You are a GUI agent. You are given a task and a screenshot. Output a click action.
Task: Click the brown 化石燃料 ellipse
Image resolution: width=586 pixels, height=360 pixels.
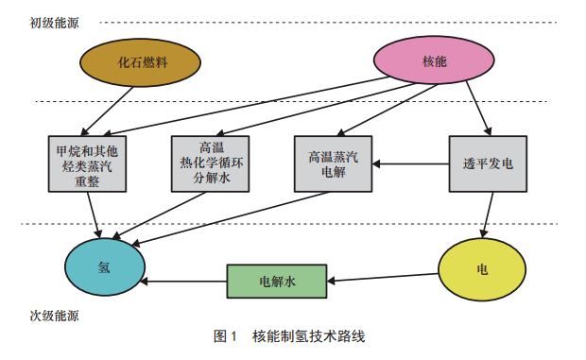coord(143,62)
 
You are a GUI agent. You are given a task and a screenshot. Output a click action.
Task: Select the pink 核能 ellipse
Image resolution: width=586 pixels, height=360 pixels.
coord(434,62)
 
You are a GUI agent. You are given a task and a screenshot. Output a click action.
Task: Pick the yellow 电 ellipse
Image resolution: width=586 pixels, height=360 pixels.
coord(482,268)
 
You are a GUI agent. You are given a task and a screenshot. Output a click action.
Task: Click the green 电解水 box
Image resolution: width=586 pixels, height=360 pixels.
coord(276,282)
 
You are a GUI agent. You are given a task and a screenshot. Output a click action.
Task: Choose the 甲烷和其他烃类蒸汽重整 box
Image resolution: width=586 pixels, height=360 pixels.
coord(86,164)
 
